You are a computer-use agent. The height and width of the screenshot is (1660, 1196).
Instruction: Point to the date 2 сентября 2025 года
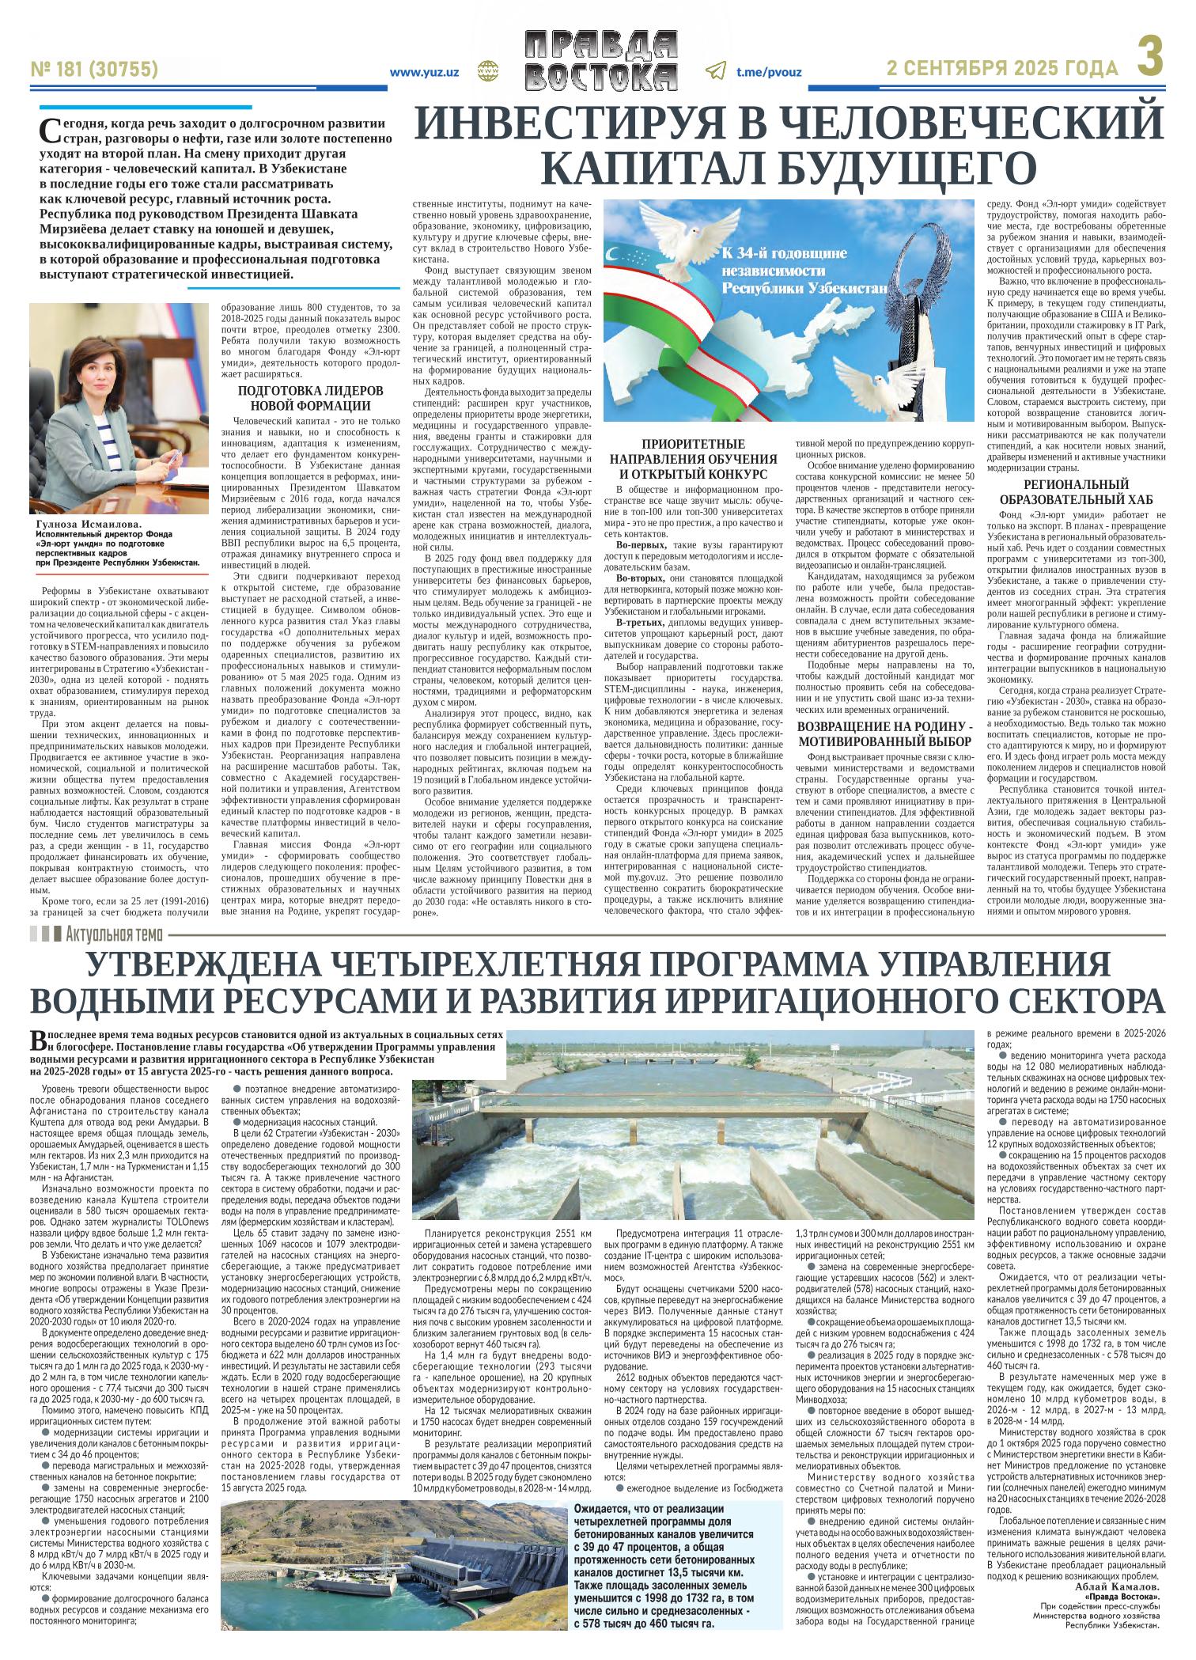[1002, 70]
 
